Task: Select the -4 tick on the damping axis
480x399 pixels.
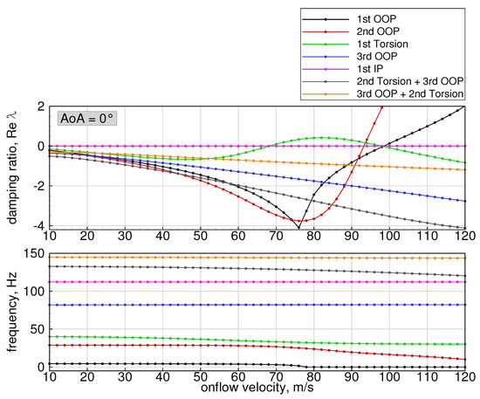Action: point(38,226)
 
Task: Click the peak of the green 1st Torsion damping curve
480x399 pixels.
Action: point(325,137)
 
